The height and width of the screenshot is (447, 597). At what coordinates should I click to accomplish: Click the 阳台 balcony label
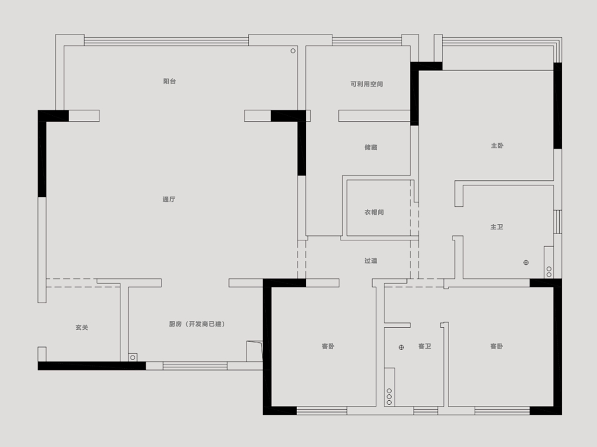click(x=170, y=81)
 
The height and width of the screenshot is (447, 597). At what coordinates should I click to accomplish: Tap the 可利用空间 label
click(x=367, y=84)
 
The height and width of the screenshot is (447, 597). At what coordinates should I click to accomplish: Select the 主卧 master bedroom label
click(x=497, y=146)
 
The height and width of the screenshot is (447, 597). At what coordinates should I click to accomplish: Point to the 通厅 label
click(x=169, y=199)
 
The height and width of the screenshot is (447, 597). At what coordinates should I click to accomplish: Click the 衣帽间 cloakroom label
click(x=374, y=212)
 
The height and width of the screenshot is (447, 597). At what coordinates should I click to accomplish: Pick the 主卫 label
click(x=497, y=227)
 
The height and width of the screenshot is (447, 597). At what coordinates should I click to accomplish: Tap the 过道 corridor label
click(x=371, y=261)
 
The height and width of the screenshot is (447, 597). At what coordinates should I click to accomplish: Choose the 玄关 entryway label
click(x=82, y=328)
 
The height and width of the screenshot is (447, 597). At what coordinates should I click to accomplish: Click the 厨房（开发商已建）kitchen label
click(x=197, y=324)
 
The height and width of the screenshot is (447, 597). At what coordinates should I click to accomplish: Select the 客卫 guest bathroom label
click(x=424, y=346)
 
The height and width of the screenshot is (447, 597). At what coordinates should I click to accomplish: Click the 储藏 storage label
click(x=371, y=147)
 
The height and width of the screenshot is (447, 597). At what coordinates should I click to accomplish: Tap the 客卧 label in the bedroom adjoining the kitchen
click(x=328, y=346)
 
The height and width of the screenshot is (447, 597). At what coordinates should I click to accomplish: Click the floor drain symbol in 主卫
click(x=526, y=263)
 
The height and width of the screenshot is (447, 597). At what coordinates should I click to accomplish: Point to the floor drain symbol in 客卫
click(x=401, y=347)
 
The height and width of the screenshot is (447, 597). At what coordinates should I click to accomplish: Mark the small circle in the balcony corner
click(x=293, y=51)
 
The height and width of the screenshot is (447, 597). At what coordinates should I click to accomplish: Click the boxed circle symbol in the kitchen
click(x=133, y=358)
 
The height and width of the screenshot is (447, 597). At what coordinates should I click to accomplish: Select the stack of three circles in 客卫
click(x=389, y=397)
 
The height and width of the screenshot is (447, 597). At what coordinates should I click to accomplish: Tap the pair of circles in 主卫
click(x=549, y=272)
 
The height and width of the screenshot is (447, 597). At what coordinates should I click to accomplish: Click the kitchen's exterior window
click(x=195, y=366)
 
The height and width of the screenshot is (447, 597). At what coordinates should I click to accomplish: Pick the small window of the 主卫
click(x=558, y=222)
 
